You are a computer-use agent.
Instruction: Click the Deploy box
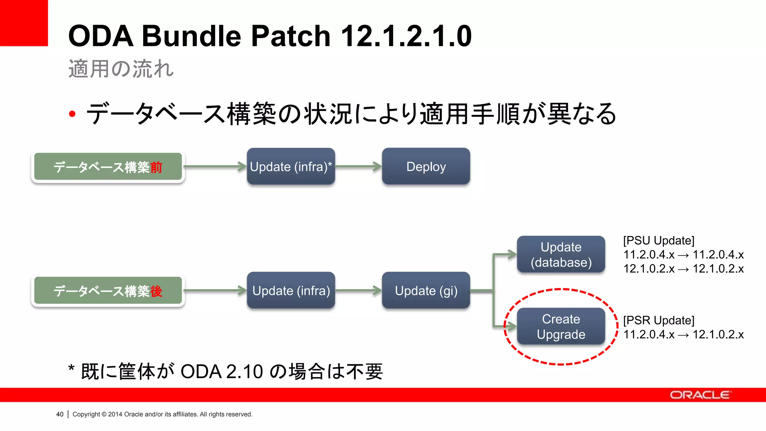click(x=426, y=166)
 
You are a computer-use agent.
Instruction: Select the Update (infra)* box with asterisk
click(x=291, y=166)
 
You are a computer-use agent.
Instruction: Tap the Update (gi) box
click(x=426, y=290)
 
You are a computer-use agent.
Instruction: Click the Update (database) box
click(x=561, y=254)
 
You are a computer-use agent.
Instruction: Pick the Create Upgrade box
click(x=561, y=326)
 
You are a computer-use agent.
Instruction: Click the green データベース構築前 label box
click(x=108, y=167)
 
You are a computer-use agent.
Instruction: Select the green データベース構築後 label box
click(x=108, y=291)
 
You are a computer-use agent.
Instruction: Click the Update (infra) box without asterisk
click(x=291, y=290)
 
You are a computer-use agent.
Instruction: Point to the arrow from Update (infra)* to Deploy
click(x=358, y=166)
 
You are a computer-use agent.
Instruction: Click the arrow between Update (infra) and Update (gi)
click(x=358, y=290)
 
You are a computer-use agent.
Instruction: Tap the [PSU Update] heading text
click(x=658, y=241)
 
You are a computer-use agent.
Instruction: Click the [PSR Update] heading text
click(x=658, y=320)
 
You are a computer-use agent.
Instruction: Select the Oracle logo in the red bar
click(x=700, y=395)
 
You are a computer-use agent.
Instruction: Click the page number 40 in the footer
click(x=60, y=414)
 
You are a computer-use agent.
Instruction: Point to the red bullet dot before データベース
click(x=72, y=114)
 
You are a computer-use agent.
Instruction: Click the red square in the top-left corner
click(x=24, y=22)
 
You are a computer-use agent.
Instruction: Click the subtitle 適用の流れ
click(x=121, y=69)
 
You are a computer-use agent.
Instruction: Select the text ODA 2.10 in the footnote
click(x=221, y=372)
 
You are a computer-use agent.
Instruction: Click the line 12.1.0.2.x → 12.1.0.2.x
click(x=683, y=269)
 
